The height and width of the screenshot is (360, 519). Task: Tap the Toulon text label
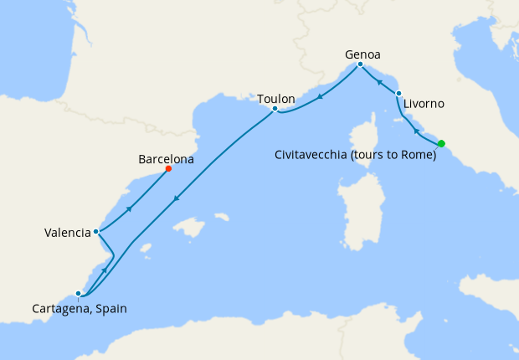(x=275, y=99)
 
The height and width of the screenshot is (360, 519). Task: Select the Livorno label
(x=424, y=105)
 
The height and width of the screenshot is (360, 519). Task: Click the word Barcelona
(x=166, y=157)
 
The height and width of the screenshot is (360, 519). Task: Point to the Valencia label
(x=67, y=233)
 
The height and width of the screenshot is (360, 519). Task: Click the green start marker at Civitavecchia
(x=441, y=143)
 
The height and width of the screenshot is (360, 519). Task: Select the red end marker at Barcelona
(x=168, y=168)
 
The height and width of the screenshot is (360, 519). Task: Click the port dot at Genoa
(x=360, y=64)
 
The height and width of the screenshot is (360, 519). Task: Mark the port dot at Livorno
(x=398, y=93)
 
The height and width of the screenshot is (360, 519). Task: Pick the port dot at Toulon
(x=275, y=109)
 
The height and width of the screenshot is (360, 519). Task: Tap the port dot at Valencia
(x=96, y=231)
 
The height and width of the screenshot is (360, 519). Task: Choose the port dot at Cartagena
(x=78, y=294)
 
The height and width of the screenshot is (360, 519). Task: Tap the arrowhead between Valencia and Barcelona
(x=129, y=208)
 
